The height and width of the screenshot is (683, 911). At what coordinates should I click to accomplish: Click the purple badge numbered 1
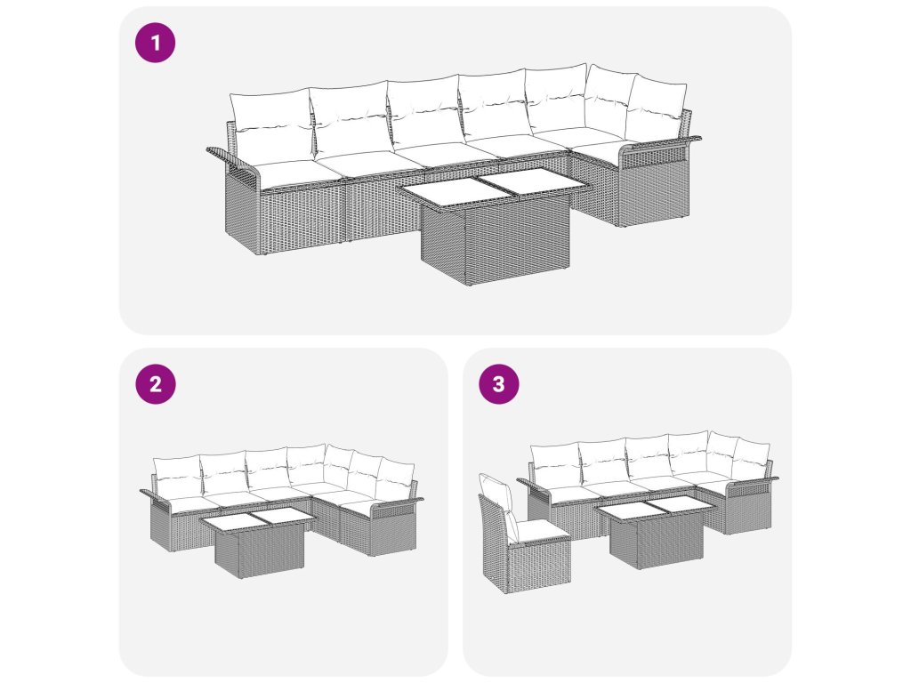[x=155, y=43]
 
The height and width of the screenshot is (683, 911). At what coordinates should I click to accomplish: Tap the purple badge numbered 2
[x=155, y=384]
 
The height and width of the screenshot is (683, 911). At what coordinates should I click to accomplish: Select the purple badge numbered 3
[x=499, y=384]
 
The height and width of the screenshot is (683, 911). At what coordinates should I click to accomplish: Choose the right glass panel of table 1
[x=536, y=181]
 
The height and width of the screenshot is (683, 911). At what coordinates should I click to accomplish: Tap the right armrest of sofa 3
[x=754, y=481]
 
